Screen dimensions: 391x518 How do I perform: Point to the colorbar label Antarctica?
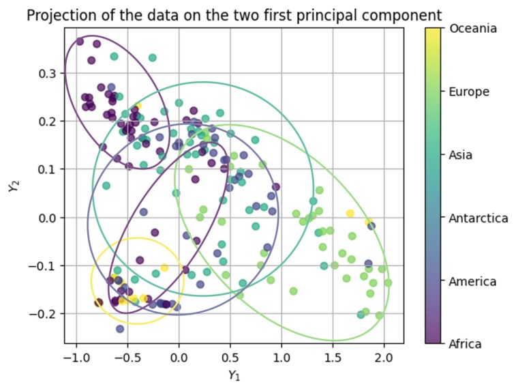478,218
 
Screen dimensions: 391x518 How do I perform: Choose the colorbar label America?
472,281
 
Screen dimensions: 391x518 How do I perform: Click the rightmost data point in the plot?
388,283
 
